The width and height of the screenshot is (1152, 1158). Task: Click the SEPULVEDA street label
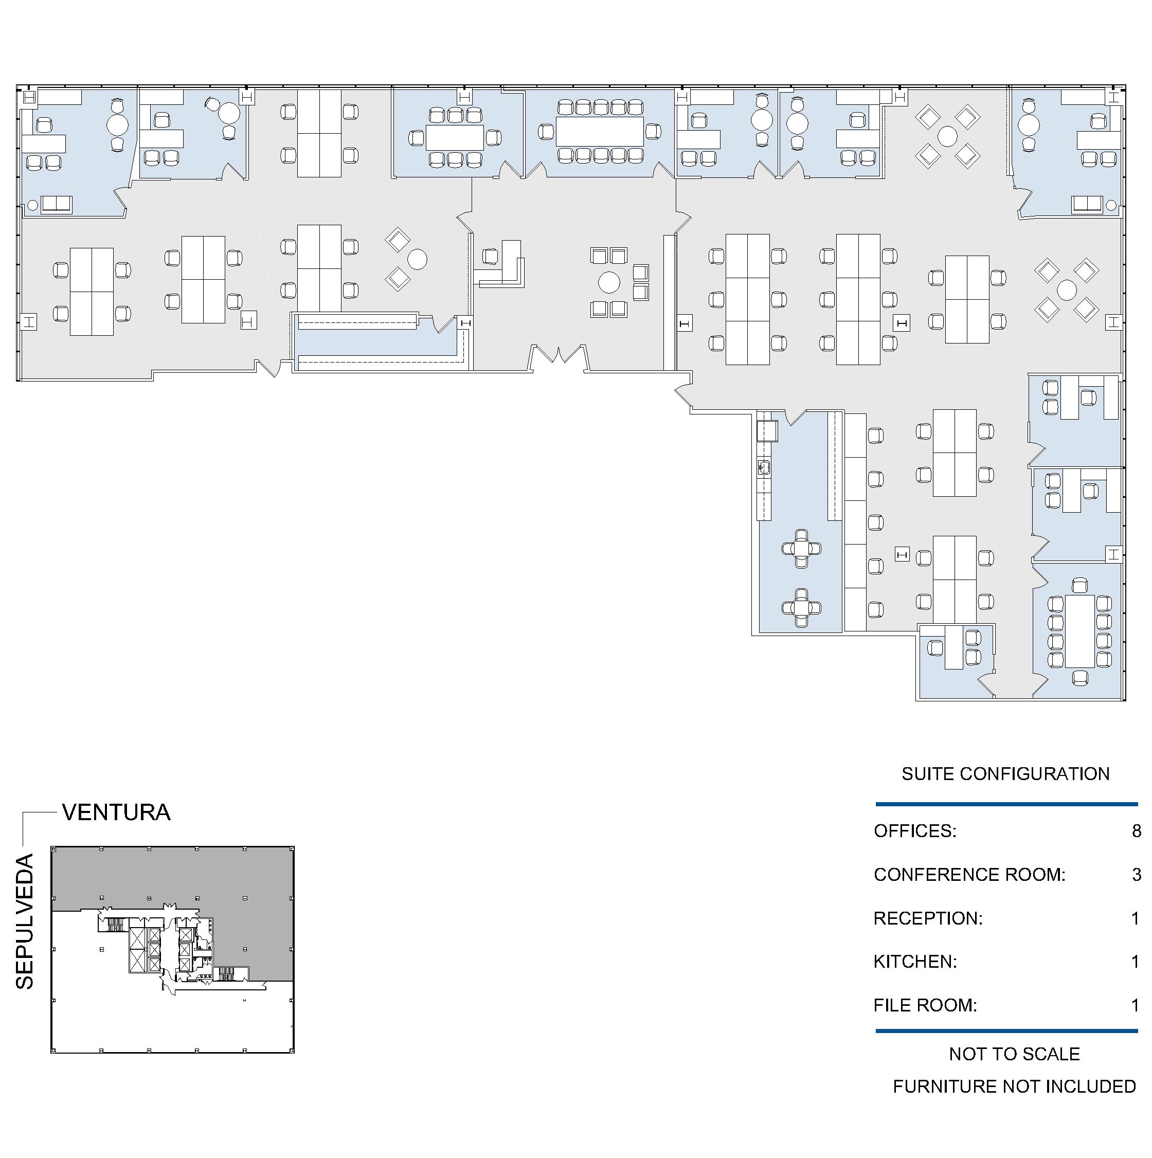[x=25, y=922]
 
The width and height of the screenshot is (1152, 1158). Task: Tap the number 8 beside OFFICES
[x=1136, y=831]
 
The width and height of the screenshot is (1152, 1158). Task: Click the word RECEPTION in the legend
[x=927, y=918]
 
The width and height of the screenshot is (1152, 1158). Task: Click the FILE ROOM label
[x=925, y=1005]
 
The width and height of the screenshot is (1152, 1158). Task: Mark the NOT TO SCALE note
[x=1014, y=1054]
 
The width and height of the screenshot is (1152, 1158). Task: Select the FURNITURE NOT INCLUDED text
[x=1014, y=1086]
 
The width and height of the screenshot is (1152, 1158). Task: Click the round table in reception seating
[x=609, y=282]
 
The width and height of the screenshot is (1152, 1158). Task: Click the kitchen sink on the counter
[x=764, y=467]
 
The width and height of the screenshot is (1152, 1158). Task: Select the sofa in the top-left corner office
[x=57, y=204]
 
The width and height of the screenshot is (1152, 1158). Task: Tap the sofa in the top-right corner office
[x=1087, y=204]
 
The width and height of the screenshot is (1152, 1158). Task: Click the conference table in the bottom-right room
[x=1080, y=631]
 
